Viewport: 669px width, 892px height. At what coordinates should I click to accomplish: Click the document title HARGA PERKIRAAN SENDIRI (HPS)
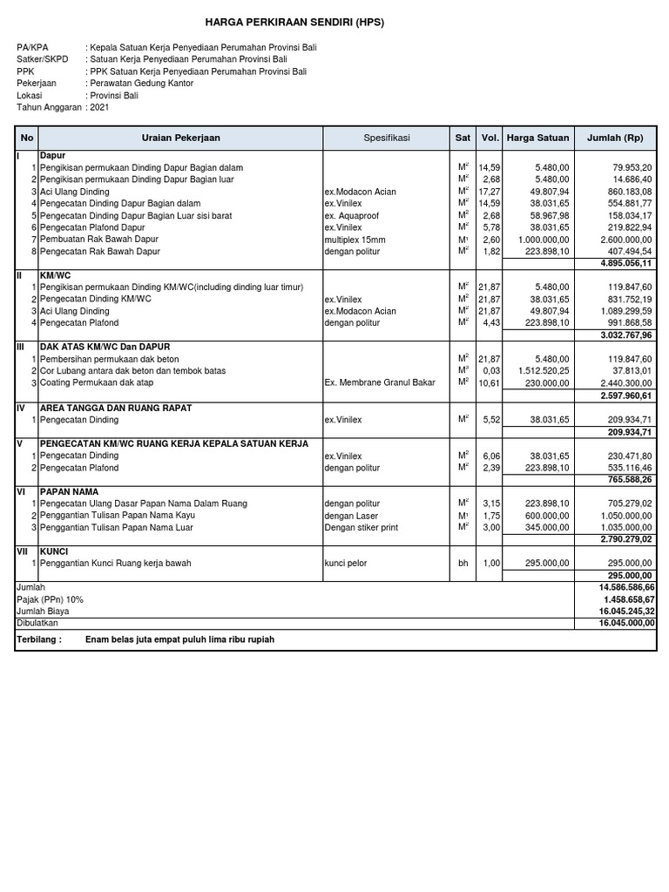click(x=294, y=21)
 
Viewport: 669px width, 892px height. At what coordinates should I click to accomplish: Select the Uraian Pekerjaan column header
click(x=180, y=138)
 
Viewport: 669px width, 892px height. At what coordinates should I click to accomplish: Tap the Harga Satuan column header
click(x=537, y=138)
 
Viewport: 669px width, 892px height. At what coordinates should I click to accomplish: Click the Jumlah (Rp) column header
click(x=615, y=138)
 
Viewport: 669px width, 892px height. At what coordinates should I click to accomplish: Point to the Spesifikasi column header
click(x=386, y=138)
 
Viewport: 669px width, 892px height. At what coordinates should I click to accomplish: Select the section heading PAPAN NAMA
click(x=66, y=491)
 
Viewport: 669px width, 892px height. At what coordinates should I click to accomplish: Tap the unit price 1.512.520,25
click(x=539, y=370)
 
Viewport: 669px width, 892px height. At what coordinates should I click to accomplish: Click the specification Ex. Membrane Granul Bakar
click(x=379, y=382)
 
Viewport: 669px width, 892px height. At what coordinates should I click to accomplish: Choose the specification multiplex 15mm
click(x=356, y=240)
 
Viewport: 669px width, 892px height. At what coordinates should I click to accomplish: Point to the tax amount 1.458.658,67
click(x=623, y=599)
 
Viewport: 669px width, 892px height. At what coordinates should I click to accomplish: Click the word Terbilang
click(x=39, y=639)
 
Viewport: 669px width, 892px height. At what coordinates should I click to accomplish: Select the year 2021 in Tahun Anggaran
click(x=99, y=106)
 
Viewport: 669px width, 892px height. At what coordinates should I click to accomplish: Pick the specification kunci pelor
click(x=346, y=564)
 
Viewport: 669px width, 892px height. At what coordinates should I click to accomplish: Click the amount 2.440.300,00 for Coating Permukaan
click(x=623, y=382)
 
